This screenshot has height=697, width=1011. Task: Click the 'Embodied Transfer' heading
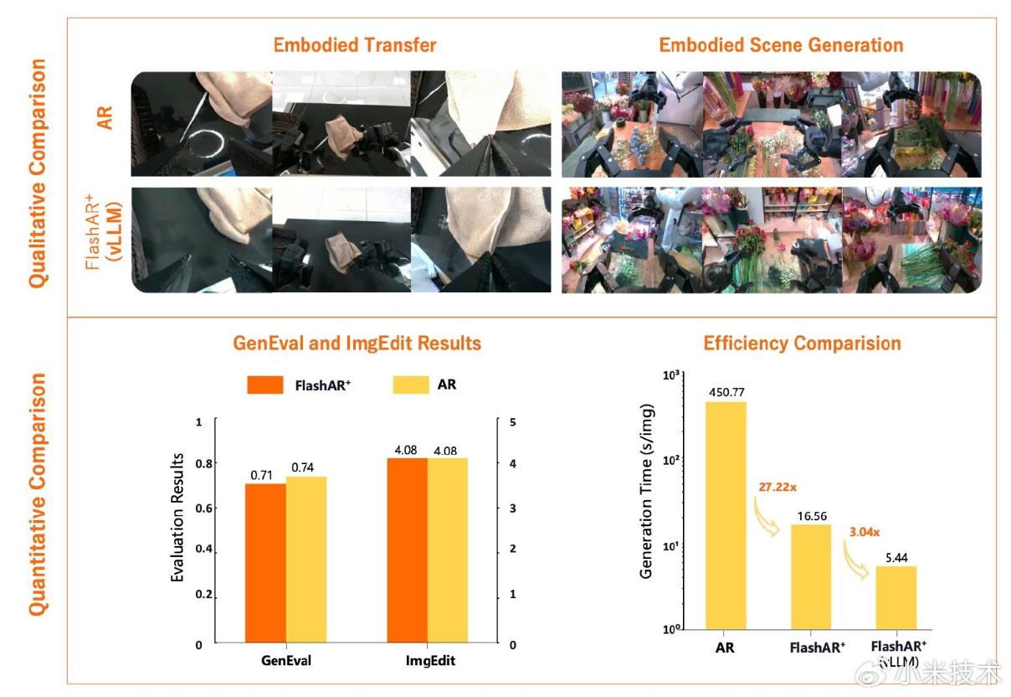[x=355, y=45]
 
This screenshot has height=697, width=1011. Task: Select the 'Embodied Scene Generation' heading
[x=781, y=45]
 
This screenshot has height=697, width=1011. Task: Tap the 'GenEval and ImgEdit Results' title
[x=357, y=343]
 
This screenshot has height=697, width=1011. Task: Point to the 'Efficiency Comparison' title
[x=802, y=343]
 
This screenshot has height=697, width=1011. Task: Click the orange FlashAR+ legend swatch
[x=265, y=385]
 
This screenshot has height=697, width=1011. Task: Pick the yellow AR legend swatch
[x=411, y=385]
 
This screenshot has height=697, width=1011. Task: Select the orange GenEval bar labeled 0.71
[x=265, y=563]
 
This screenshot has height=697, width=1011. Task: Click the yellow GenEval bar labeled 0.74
[x=306, y=560]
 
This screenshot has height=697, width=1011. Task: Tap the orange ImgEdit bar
[x=407, y=550]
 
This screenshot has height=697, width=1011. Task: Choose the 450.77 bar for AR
[x=726, y=515]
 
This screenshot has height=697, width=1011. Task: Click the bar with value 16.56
[x=811, y=577]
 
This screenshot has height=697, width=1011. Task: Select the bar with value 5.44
[x=896, y=597]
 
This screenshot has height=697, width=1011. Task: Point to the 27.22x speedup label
[x=777, y=487]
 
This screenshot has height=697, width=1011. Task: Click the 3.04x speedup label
[x=865, y=532]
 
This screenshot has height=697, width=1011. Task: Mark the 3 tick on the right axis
[x=513, y=509]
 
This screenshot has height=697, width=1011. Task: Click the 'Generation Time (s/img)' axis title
[x=646, y=491]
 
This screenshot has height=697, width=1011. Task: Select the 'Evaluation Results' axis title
[x=177, y=517]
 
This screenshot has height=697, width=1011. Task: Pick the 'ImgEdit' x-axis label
[x=430, y=661]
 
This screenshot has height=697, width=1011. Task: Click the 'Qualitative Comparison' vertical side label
[x=38, y=173]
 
